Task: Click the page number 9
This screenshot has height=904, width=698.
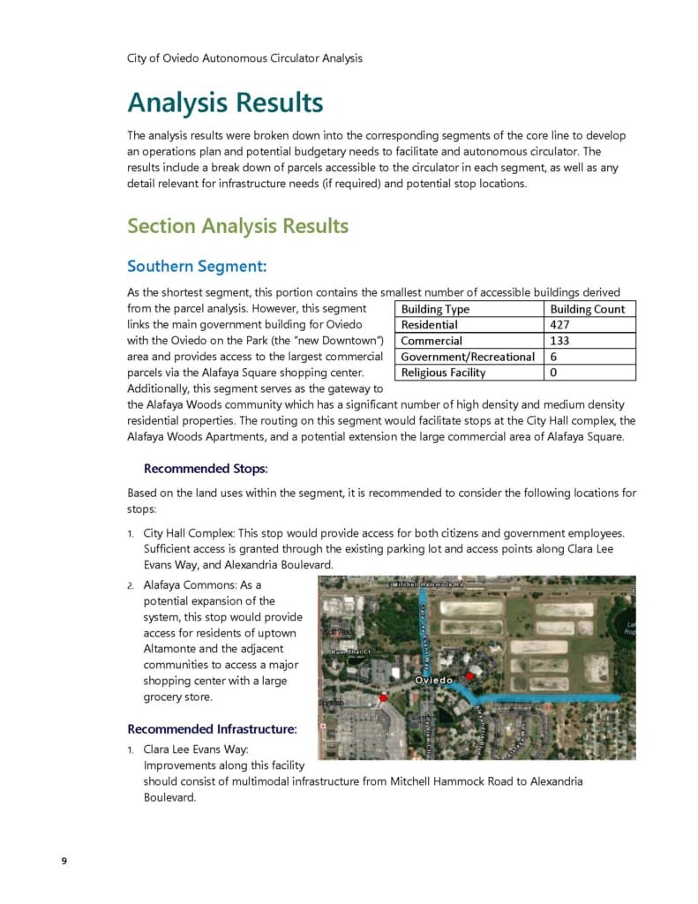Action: [64, 862]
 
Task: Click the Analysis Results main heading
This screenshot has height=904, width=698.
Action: [225, 102]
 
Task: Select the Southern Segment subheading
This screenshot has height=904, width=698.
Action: [197, 266]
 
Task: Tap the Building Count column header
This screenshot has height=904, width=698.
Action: [587, 309]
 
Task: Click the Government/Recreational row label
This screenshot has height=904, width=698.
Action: [468, 357]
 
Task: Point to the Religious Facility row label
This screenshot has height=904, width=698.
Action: [443, 373]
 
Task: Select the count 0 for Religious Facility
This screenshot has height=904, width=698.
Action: [553, 373]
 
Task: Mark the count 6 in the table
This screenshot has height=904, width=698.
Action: [553, 357]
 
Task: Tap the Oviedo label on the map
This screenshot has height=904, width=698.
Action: [433, 681]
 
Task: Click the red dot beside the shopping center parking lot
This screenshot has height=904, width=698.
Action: [383, 698]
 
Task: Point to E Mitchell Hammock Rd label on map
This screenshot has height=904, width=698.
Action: [426, 585]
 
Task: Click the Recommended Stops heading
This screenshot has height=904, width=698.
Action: [206, 468]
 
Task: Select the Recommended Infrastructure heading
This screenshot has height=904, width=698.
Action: [212, 729]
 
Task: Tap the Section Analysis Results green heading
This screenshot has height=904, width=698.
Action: [237, 226]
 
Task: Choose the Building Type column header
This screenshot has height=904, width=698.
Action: [435, 309]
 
